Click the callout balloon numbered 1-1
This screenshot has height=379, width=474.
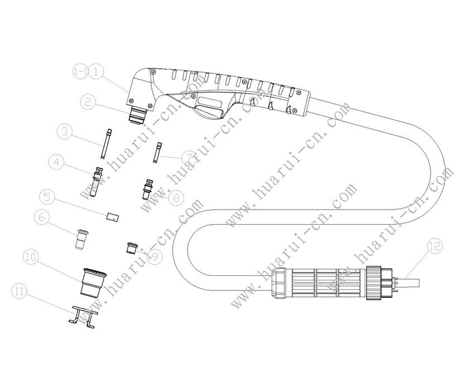tap(81, 71)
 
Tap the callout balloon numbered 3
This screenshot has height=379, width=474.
tap(65, 132)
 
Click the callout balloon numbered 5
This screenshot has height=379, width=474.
tap(47, 197)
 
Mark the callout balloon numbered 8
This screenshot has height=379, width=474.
tap(176, 197)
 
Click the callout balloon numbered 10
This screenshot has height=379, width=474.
tap(31, 257)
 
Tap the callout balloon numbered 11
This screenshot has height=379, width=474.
tap(20, 290)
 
